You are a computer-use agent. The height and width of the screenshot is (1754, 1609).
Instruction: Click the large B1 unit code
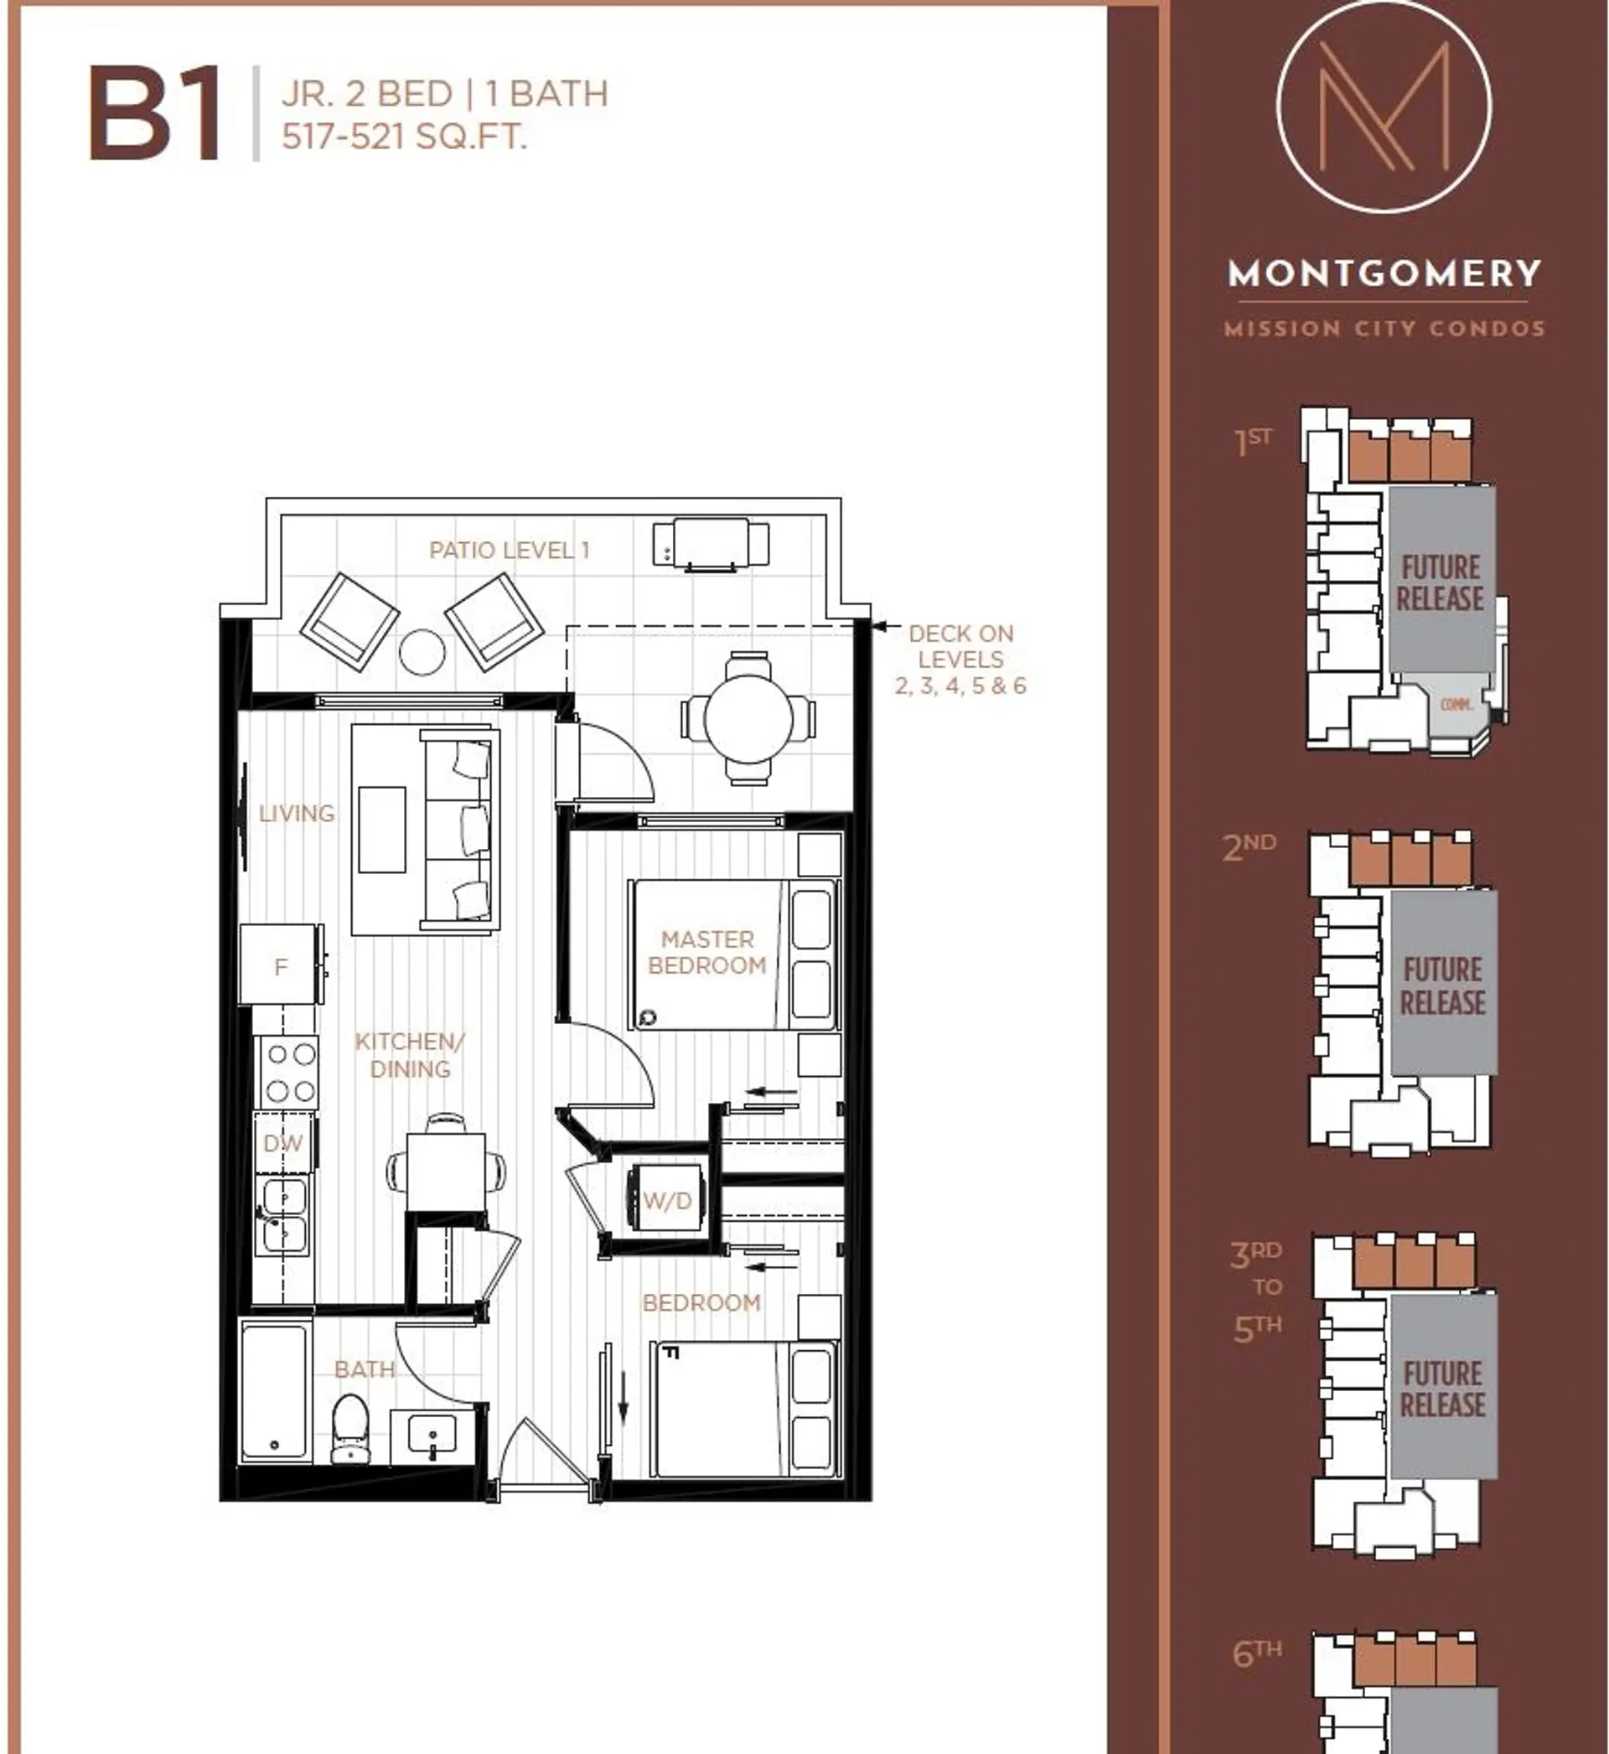154,116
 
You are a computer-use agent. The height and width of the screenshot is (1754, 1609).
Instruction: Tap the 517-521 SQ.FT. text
404,137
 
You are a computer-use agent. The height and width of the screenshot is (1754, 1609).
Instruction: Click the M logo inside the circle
1384,106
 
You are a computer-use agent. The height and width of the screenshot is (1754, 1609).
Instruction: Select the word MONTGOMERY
1384,273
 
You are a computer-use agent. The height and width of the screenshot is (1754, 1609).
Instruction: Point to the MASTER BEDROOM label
706,951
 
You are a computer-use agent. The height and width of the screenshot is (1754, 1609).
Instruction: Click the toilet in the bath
350,1427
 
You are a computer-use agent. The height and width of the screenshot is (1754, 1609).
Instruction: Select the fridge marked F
278,965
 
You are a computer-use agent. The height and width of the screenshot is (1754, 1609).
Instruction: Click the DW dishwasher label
283,1143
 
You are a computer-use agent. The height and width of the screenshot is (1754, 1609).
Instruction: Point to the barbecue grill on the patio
711,543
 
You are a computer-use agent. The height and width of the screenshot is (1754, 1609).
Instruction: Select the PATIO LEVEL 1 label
510,550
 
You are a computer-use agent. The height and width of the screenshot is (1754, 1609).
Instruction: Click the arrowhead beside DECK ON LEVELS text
879,625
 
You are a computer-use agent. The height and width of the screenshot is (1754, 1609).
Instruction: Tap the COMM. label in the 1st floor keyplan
1456,704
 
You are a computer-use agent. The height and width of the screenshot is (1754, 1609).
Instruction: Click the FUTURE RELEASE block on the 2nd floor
1443,985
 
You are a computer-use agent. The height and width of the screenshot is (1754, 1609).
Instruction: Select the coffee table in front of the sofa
381,829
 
